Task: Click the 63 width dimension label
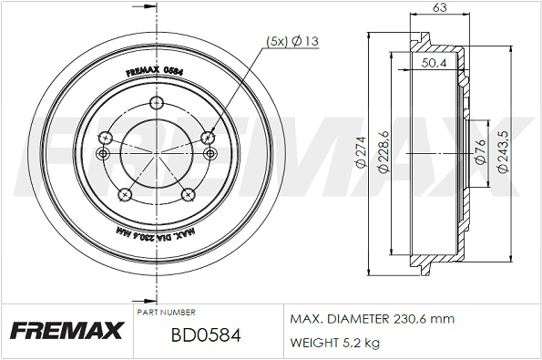tap(439, 7)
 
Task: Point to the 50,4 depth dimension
tap(434, 63)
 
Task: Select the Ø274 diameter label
tap(361, 152)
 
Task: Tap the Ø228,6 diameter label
tap(383, 151)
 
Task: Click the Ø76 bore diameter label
tap(480, 151)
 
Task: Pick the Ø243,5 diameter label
tap(503, 151)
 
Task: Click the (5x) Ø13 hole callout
tap(292, 41)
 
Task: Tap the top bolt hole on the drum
tap(157, 102)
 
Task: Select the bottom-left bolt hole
tap(125, 195)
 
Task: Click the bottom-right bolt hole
tap(189, 195)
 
